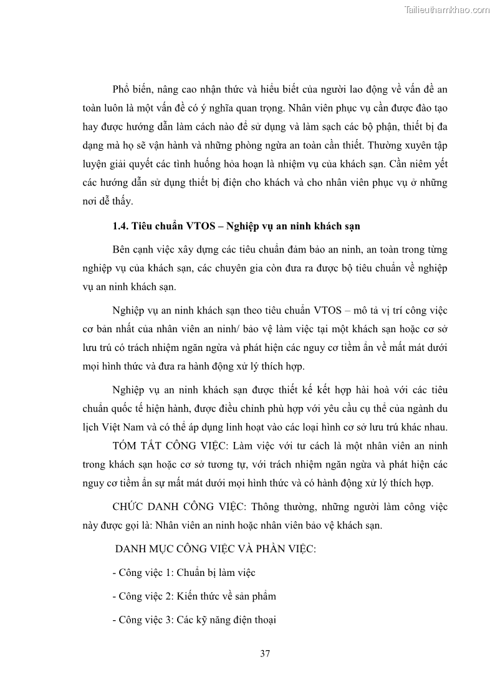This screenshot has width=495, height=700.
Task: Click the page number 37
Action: click(x=264, y=654)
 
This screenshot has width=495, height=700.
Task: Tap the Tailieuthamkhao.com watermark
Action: click(x=447, y=9)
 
